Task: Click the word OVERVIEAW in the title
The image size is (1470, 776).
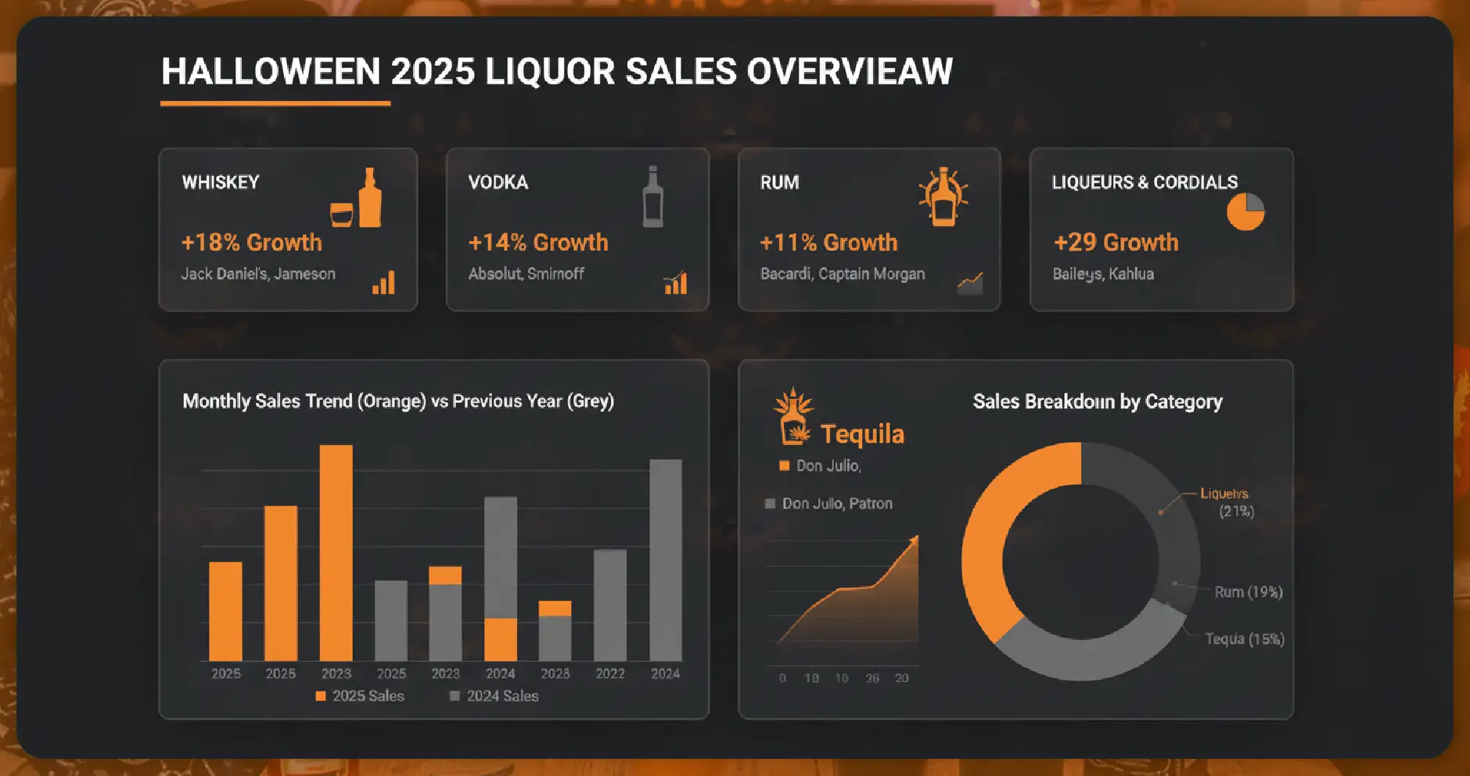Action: click(x=849, y=71)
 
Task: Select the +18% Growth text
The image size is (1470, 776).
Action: click(x=251, y=242)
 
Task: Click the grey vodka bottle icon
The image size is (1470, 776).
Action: click(x=652, y=197)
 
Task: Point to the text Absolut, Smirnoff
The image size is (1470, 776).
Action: click(x=526, y=274)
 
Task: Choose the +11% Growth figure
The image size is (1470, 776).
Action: click(x=828, y=242)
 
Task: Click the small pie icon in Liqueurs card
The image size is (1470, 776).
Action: click(x=1245, y=212)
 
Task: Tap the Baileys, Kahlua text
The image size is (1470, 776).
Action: click(x=1102, y=274)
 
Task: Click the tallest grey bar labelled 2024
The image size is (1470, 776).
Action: click(x=665, y=559)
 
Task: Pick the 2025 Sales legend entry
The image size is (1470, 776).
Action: click(x=360, y=696)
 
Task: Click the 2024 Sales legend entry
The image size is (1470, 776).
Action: click(x=494, y=696)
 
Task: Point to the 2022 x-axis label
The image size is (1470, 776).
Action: click(x=609, y=674)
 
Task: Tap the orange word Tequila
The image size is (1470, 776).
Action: click(x=861, y=434)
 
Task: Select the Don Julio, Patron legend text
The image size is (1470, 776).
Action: click(x=836, y=504)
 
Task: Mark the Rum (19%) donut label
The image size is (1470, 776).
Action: click(x=1248, y=592)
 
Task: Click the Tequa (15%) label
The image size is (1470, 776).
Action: click(x=1244, y=639)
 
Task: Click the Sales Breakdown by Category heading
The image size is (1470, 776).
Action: click(x=1097, y=402)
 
